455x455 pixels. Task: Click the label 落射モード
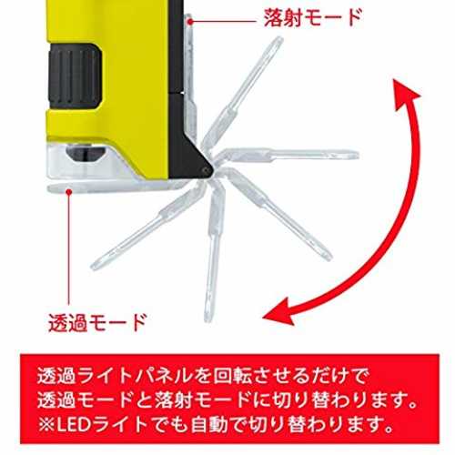313,17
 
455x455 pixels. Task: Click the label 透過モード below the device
97,322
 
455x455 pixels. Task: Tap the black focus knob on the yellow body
75,76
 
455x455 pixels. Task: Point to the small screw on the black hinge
206,170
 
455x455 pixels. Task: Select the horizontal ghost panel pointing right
287,156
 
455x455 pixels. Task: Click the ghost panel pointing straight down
213,253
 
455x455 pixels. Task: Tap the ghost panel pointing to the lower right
278,215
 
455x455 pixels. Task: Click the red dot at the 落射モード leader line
190,21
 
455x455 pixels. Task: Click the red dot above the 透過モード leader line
69,191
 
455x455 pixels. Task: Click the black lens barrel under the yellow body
86,152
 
